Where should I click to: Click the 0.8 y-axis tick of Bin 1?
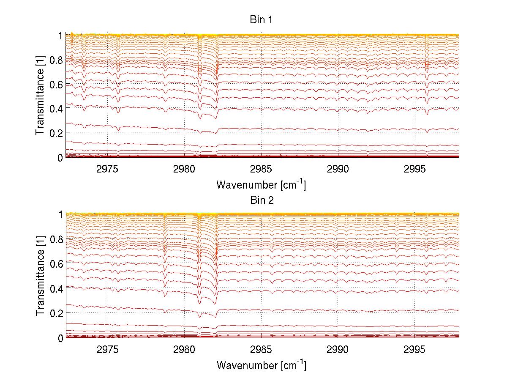coord(57,60)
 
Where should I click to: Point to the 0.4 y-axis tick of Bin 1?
coord(57,108)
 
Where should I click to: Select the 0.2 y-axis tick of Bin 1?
coord(57,133)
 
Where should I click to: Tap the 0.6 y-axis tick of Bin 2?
coord(57,263)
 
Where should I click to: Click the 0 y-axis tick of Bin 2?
coord(60,337)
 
